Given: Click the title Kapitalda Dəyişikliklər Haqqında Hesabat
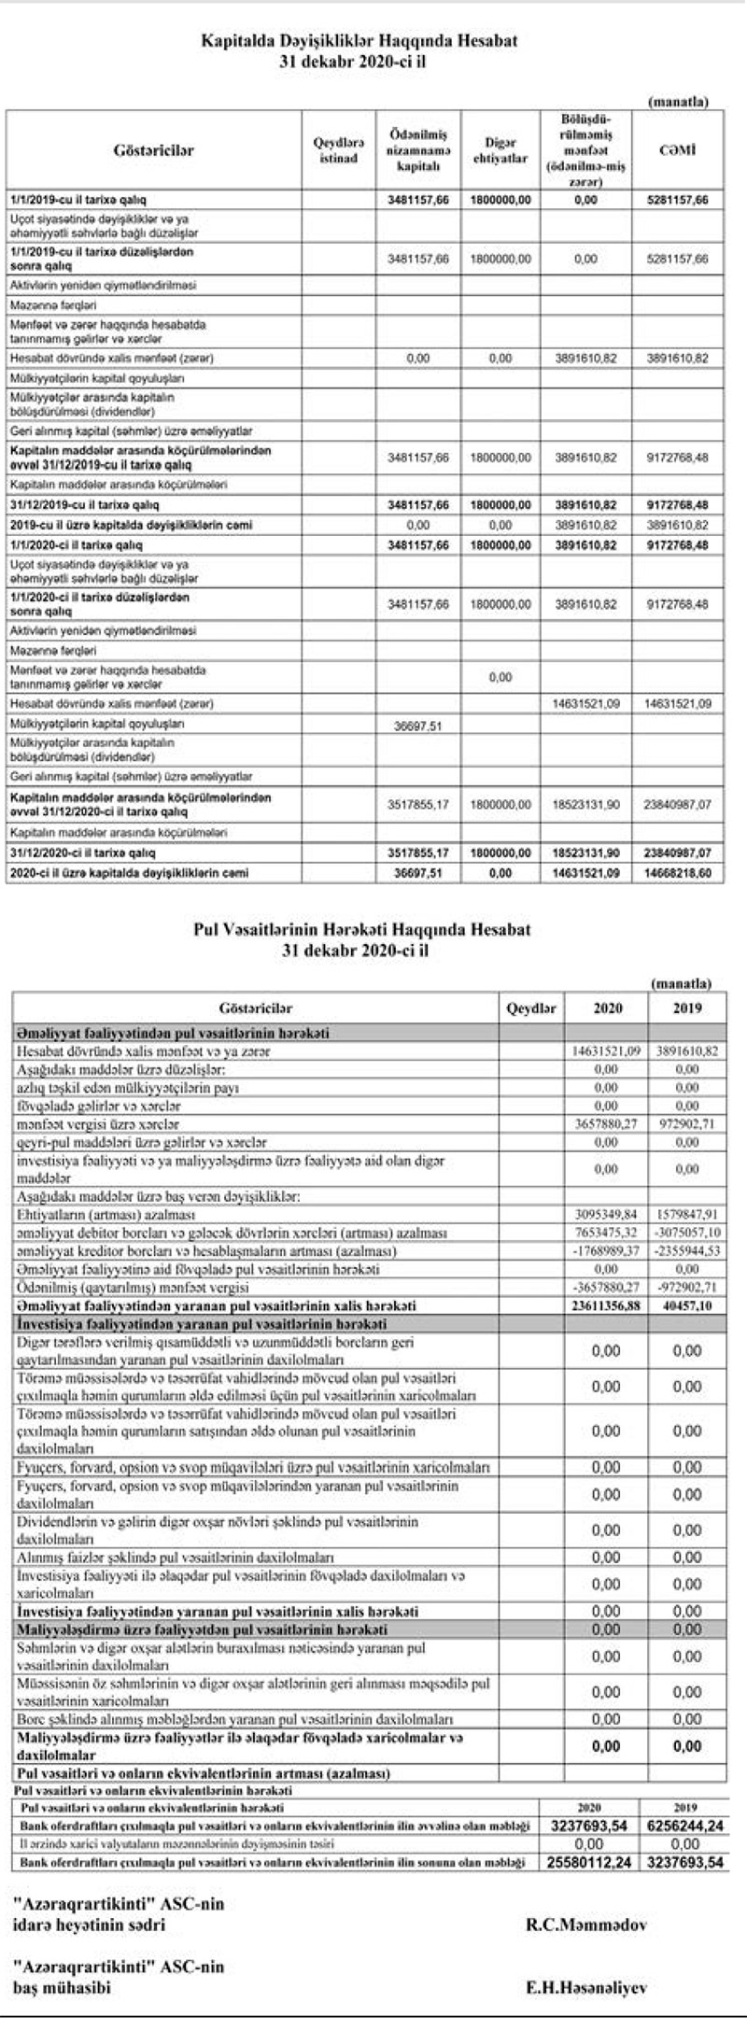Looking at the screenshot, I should tap(359, 42).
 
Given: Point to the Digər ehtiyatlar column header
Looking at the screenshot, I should tap(500, 150).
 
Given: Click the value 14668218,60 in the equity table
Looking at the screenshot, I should tap(677, 873).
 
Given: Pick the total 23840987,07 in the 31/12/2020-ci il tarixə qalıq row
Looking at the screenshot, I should tap(677, 853).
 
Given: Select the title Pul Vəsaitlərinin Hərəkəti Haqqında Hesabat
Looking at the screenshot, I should tap(361, 930).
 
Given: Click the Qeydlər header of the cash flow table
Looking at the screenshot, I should tap(530, 1008).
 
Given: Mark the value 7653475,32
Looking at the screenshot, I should tap(606, 1233).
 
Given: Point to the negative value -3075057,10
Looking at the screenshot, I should tap(686, 1233).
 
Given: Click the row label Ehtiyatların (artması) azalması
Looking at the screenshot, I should tap(106, 1215).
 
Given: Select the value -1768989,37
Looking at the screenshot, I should tap(606, 1251).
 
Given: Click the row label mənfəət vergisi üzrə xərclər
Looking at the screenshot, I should tap(97, 1124).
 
